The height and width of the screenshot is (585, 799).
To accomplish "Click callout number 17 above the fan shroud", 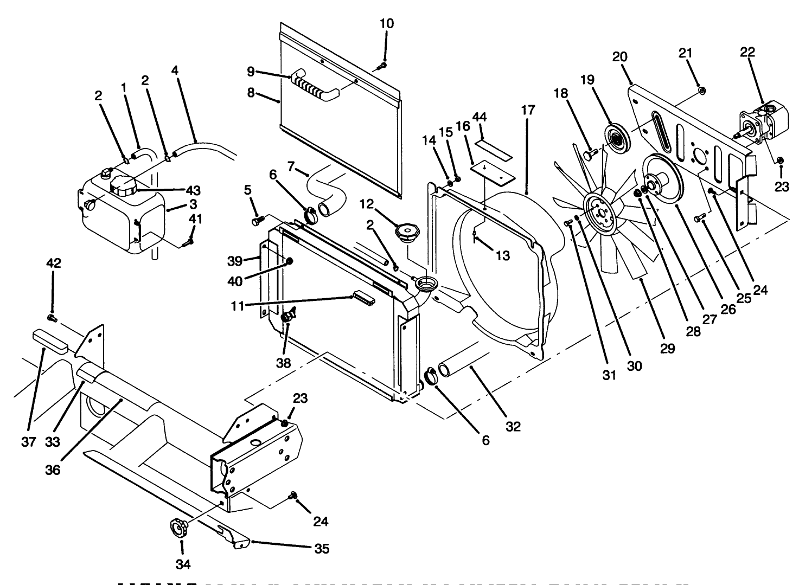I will [527, 110].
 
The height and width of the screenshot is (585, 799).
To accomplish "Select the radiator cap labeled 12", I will [407, 234].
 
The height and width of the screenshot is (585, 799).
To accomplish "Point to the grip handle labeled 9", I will [315, 87].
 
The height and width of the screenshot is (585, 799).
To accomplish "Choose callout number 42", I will [54, 263].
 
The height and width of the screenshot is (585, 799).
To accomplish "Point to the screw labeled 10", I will [381, 66].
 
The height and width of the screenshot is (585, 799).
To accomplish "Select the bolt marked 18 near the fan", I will [590, 155].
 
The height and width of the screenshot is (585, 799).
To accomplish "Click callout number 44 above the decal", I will [479, 118].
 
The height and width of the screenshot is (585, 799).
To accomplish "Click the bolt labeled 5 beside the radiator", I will [258, 220].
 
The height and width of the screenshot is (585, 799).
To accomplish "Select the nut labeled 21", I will [700, 90].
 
